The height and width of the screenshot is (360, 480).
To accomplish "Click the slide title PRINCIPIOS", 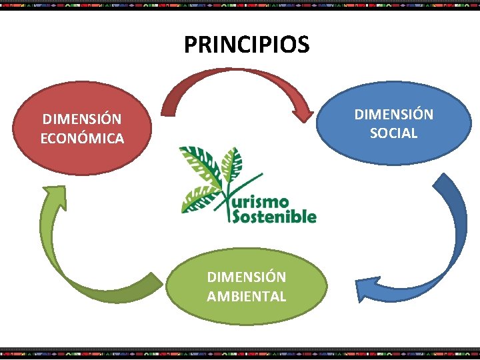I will pos(247,45).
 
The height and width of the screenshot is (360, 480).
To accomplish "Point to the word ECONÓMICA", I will pos(82,139).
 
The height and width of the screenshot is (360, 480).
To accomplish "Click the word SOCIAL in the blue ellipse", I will pos(393,133).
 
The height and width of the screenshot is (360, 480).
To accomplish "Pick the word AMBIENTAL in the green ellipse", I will pos(246,296).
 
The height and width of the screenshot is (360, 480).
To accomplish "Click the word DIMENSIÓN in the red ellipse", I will pos(82,119).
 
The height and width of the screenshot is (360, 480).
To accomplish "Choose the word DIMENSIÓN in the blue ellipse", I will pos(393,114).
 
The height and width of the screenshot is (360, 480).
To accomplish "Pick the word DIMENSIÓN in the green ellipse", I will pos(246,277).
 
